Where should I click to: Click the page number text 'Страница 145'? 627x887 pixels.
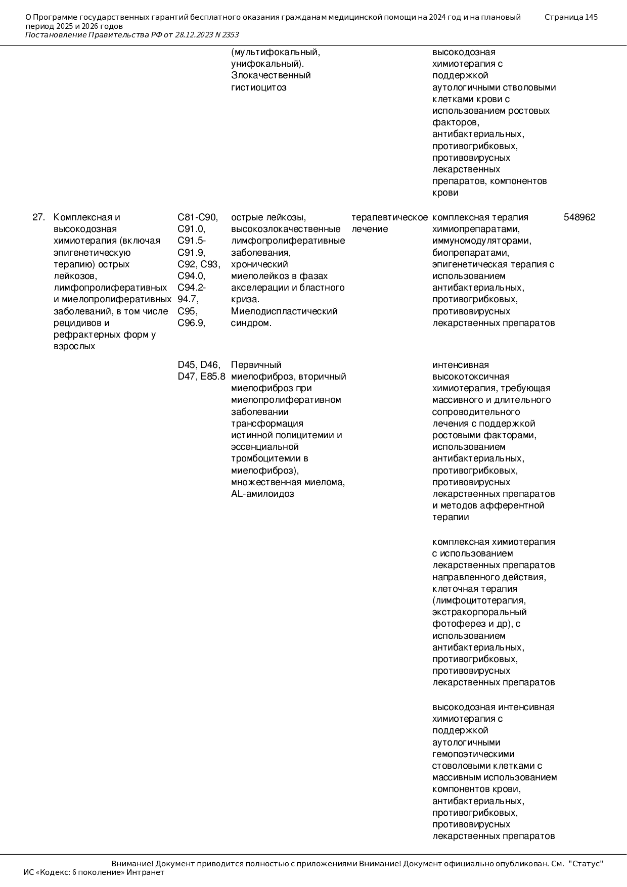coord(571,17)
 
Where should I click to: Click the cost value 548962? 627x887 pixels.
coord(579,217)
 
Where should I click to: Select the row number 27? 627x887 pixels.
coord(38,217)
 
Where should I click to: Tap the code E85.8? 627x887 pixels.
coord(213,377)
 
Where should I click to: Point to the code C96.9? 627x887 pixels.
coord(191,323)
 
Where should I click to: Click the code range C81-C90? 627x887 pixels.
coord(198,217)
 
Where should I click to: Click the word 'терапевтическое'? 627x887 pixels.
coord(389,217)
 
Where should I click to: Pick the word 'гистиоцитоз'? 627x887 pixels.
coord(258,87)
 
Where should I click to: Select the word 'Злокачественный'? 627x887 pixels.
coord(271,75)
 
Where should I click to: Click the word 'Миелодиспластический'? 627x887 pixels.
coord(284,311)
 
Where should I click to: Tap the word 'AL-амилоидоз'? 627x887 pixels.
coord(262,494)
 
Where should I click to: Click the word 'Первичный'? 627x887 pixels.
coord(256,365)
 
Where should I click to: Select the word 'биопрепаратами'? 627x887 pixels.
coord(470,253)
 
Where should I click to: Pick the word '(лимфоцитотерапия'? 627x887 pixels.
coord(479,600)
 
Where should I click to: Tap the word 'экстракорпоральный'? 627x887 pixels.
coord(479,612)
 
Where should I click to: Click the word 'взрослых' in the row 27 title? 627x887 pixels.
coord(74,347)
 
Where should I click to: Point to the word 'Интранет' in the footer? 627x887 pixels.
coord(145,872)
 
